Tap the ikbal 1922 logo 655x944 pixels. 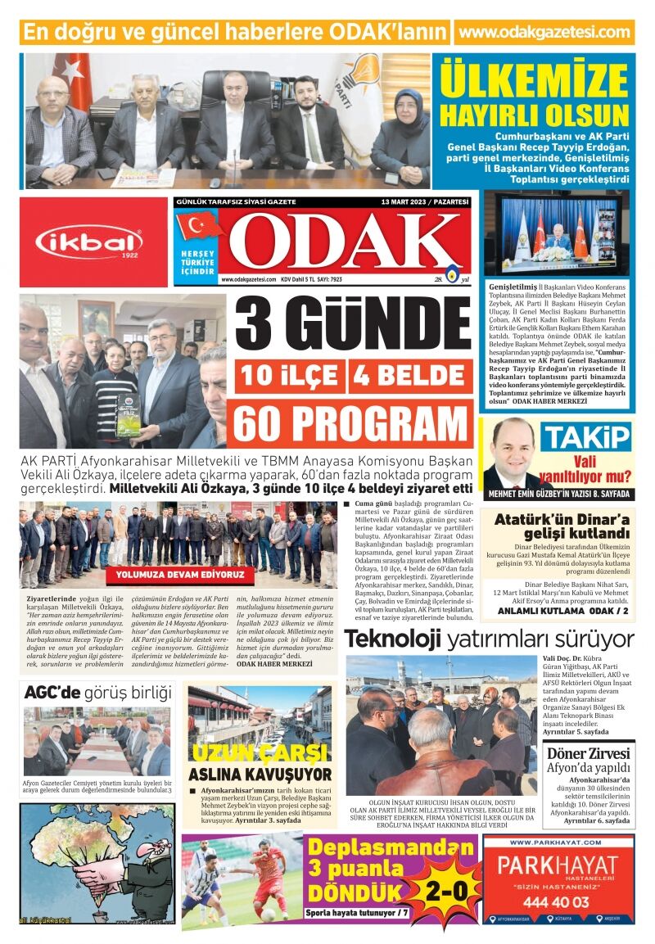pos(89,242)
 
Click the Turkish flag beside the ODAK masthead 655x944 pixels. pos(199,225)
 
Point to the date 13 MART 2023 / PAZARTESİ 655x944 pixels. pos(424,201)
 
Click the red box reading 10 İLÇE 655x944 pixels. pos(290,376)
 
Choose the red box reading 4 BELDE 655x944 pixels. pos(411,376)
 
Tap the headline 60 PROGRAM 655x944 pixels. pos(352,422)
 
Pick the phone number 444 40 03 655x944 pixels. pos(558,901)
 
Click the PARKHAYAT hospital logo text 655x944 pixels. pos(558,865)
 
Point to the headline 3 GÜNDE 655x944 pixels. pos(353,325)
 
